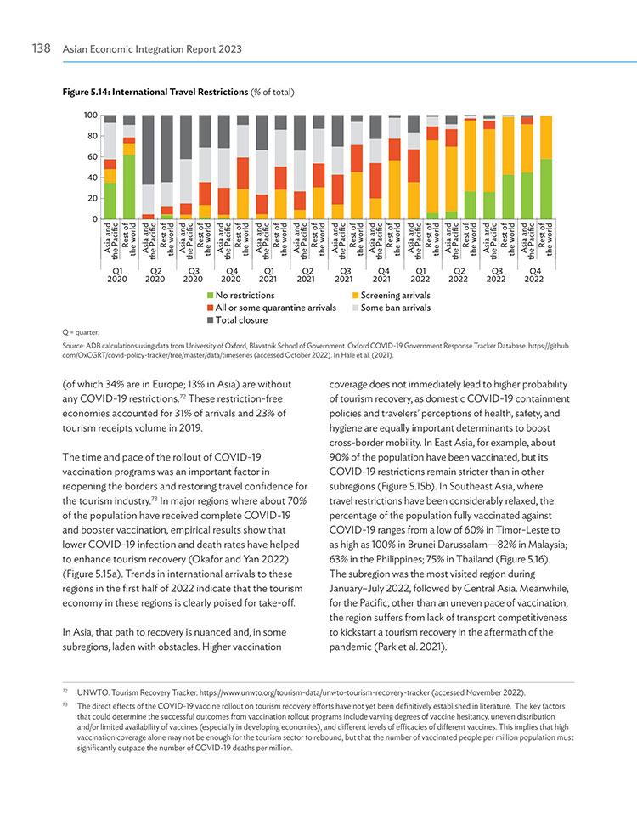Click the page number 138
tap(41, 48)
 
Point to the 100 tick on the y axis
tap(91, 116)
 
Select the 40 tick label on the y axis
tap(93, 178)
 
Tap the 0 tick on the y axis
tap(95, 219)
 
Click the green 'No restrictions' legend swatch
tap(211, 296)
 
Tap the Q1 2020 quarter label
tap(116, 275)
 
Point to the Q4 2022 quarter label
tap(534, 275)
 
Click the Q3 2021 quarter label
tap(344, 275)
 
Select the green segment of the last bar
tap(546, 189)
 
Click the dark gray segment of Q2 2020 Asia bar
tap(149, 150)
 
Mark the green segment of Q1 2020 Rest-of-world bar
tap(129, 187)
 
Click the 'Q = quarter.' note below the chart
tap(81, 332)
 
